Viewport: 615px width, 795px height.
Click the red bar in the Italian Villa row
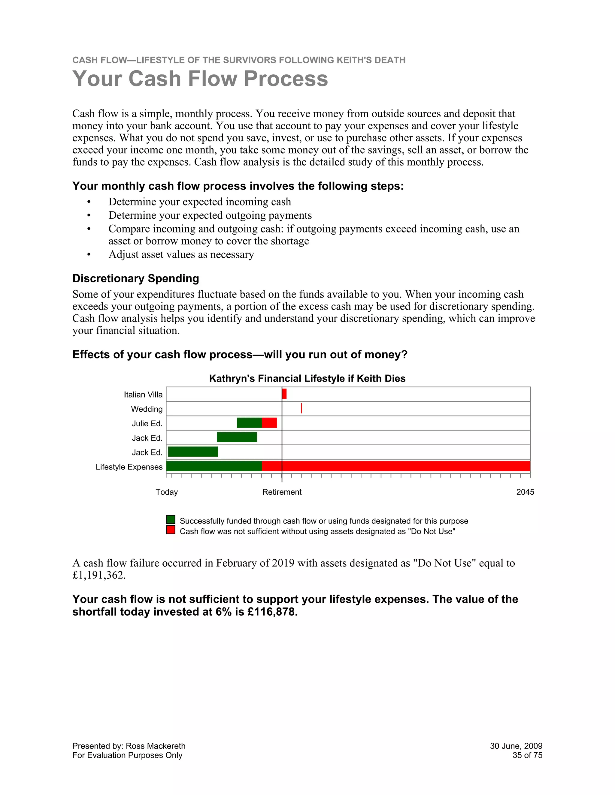point(284,394)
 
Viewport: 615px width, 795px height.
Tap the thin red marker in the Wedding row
point(301,408)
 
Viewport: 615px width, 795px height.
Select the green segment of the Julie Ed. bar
point(249,423)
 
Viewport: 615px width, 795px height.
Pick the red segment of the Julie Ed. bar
point(269,423)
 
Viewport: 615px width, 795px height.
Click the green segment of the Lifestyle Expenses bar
point(214,466)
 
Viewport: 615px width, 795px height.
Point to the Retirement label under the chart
point(282,492)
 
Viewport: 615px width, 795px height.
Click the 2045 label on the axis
point(525,492)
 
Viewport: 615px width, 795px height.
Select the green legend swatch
point(171,519)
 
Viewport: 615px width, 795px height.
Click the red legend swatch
point(171,530)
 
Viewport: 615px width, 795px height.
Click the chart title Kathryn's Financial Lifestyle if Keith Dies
point(307,379)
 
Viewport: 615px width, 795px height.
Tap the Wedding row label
point(147,409)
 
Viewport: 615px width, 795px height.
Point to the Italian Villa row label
point(143,394)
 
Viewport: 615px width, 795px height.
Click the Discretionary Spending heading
point(135,278)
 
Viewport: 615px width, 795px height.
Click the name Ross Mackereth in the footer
point(155,746)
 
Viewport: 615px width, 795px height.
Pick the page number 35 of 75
point(527,755)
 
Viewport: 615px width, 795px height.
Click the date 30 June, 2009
point(516,746)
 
